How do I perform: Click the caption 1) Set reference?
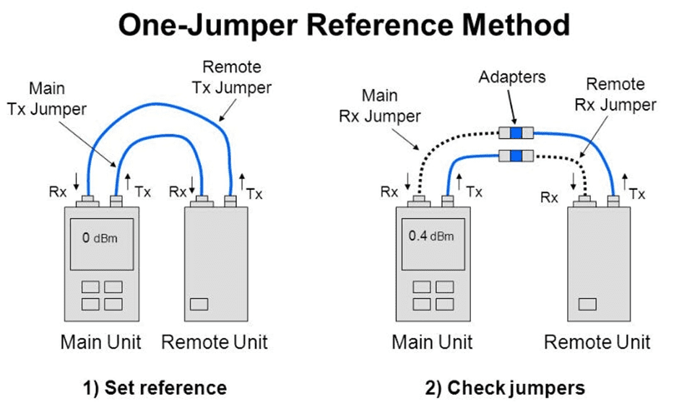[x=153, y=388]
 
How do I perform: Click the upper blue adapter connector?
[x=516, y=133]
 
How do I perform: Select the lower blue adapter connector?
[x=516, y=156]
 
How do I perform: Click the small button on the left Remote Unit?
[x=199, y=303]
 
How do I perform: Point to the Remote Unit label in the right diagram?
[x=597, y=341]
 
